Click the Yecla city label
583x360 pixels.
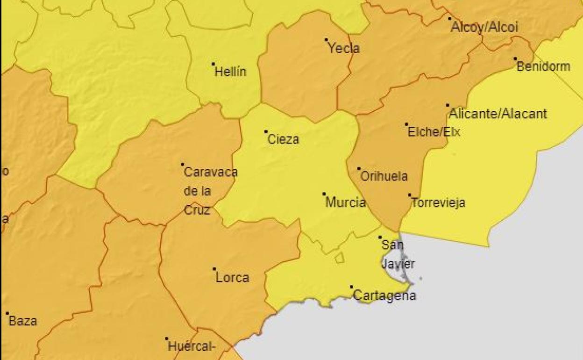click(344, 48)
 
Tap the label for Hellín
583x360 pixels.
click(230, 72)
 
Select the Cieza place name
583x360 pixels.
click(283, 139)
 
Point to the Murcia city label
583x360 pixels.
click(345, 202)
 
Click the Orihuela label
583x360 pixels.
click(384, 176)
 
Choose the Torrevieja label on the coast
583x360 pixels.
click(438, 203)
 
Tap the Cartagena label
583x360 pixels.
click(384, 295)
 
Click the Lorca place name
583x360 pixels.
click(232, 278)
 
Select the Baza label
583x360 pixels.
click(23, 321)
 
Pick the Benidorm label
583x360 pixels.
click(543, 66)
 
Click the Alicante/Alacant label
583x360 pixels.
click(498, 114)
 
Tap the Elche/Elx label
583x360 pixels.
click(434, 132)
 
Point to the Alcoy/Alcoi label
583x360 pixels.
click(484, 27)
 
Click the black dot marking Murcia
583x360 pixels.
click(324, 194)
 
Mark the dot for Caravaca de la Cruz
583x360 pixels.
click(182, 164)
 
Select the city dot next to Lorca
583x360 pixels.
click(214, 269)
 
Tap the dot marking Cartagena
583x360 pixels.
click(351, 287)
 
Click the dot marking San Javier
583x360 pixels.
click(380, 237)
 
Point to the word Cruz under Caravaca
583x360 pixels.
click(197, 210)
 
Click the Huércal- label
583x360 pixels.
click(192, 347)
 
